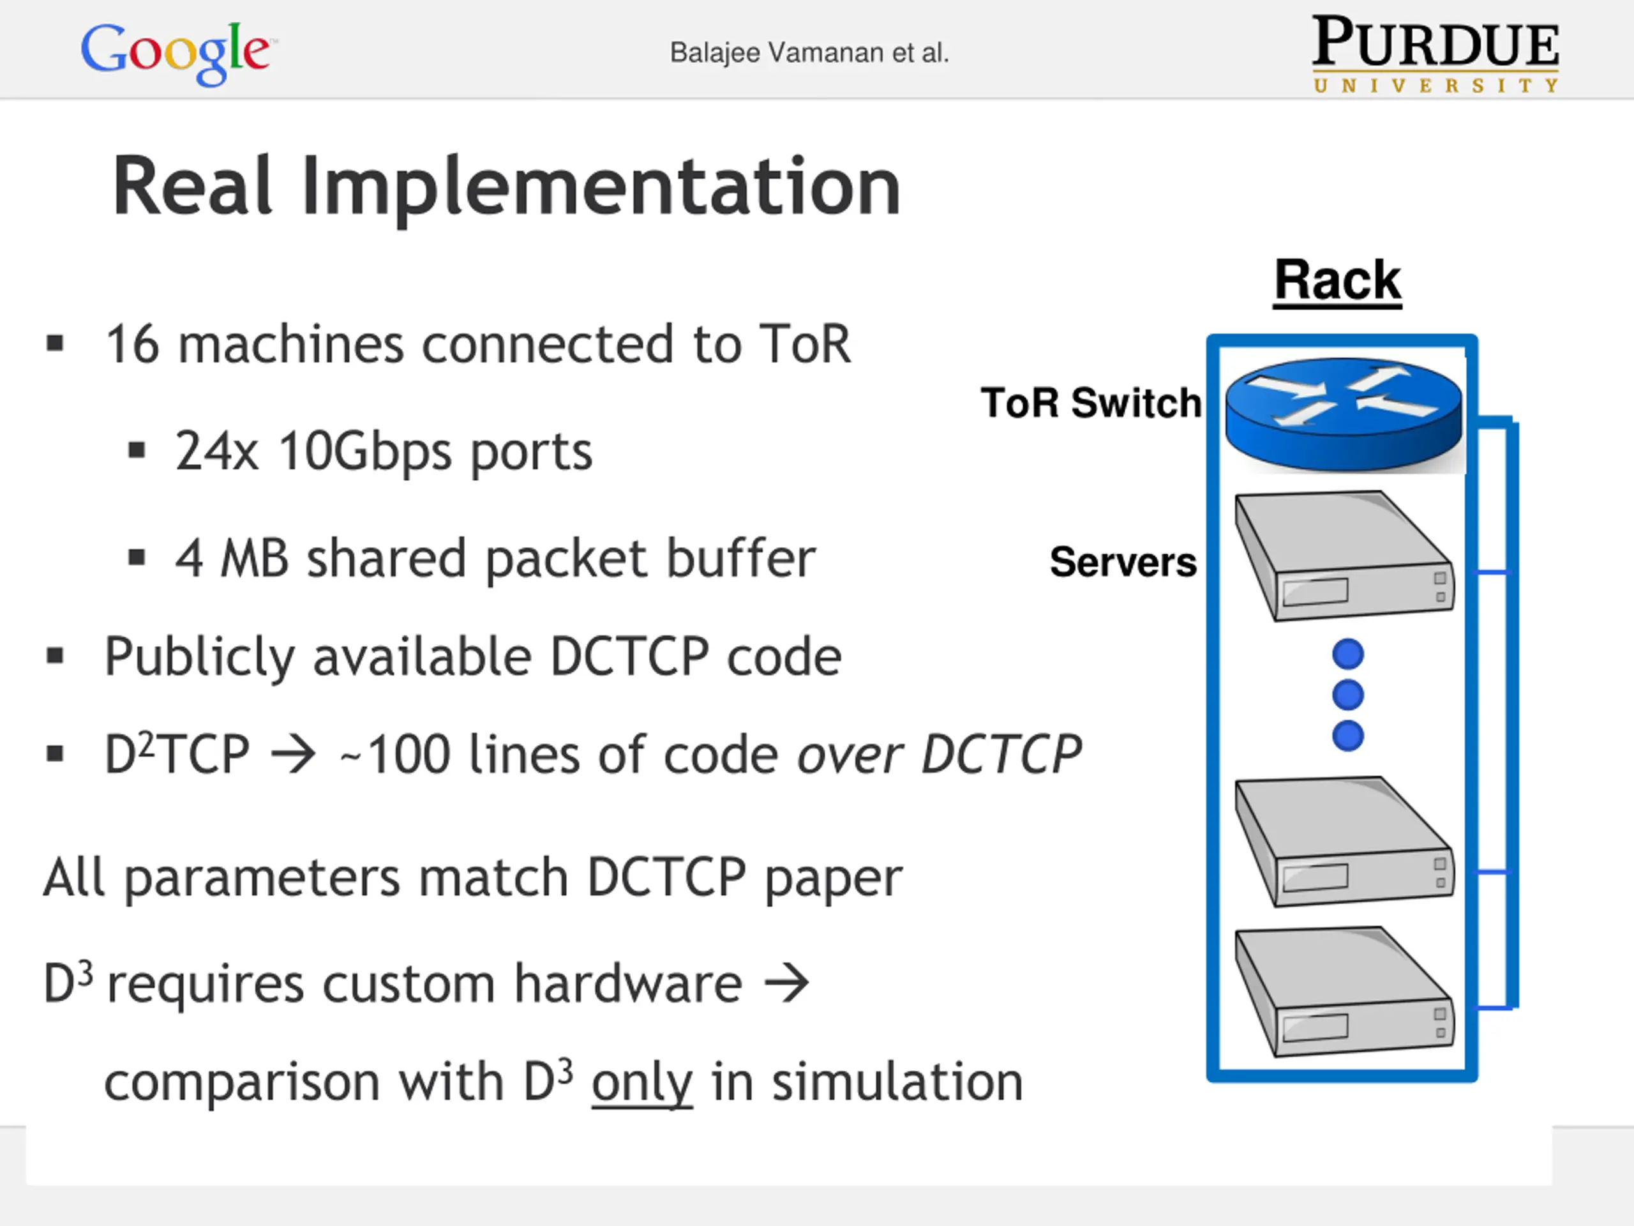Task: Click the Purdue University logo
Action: [x=1435, y=53]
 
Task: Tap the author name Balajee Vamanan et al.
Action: [x=809, y=53]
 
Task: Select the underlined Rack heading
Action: [x=1337, y=280]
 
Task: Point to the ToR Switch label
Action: [x=1090, y=403]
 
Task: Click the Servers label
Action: [x=1123, y=562]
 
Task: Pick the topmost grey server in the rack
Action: [x=1344, y=556]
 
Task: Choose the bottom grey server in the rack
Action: [x=1344, y=991]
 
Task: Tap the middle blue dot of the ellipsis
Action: [x=1348, y=695]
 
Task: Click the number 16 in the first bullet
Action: [x=132, y=344]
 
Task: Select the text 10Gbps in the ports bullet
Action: [x=365, y=451]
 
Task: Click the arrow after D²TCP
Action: [x=293, y=755]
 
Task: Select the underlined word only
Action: [x=642, y=1082]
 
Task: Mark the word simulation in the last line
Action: [x=897, y=1082]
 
